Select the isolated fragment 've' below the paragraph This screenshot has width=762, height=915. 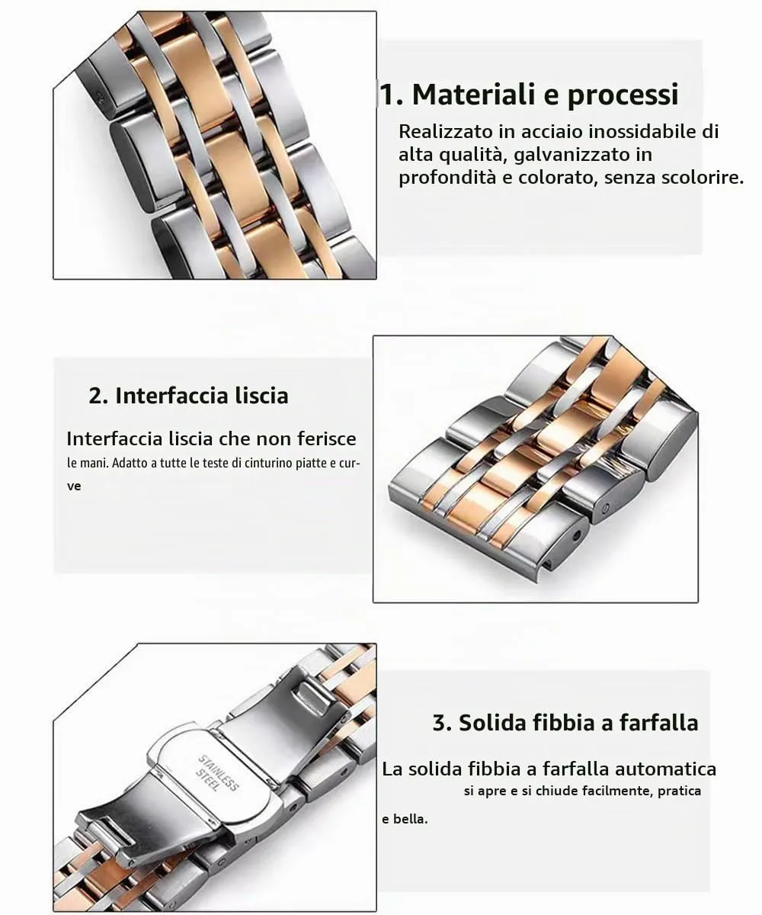74,486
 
